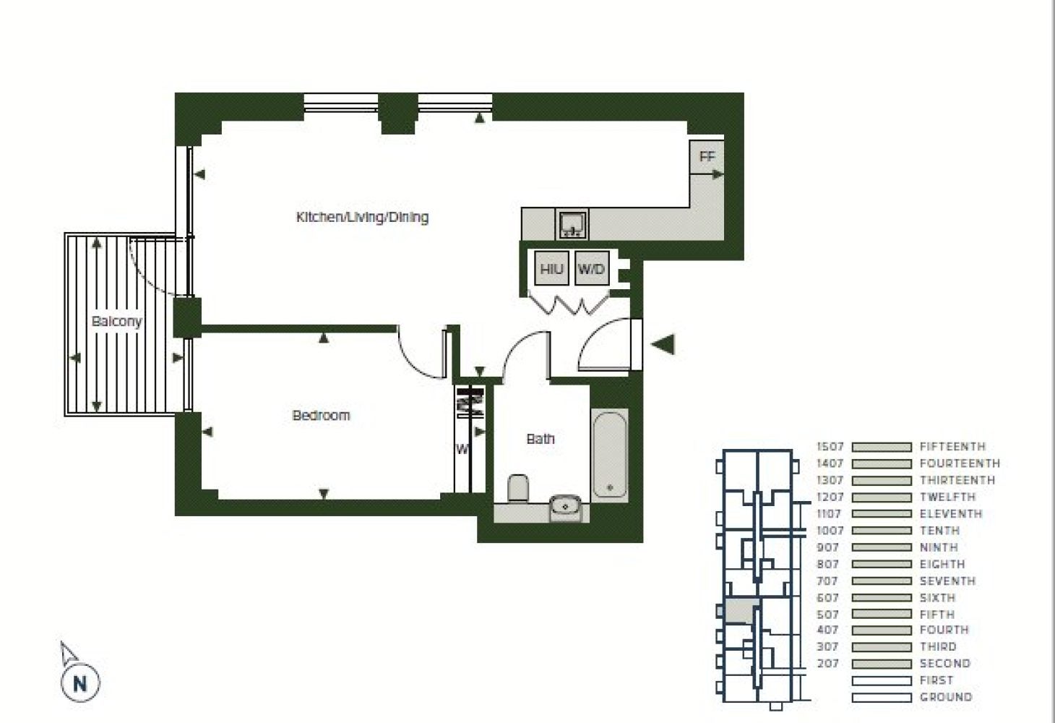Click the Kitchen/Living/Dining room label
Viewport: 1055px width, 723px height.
362,218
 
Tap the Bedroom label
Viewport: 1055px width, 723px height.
322,415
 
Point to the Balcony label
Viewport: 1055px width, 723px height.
117,322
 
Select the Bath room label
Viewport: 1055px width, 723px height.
541,439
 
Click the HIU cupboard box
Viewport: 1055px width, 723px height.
551,268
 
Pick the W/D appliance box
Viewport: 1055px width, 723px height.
592,268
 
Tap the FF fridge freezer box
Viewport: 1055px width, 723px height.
707,156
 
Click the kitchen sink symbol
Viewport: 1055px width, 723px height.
573,224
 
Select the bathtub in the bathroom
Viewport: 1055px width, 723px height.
610,455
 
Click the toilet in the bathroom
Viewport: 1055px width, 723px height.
518,488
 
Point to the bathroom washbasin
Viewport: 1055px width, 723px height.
565,507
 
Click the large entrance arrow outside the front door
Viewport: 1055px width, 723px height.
663,344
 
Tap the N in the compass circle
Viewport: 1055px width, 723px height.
80,683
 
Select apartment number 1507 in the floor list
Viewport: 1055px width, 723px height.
830,446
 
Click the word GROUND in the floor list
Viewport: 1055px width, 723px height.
946,697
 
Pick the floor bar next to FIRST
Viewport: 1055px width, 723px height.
882,680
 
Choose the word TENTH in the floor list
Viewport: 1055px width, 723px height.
939,530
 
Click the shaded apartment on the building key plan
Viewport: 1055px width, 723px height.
741,612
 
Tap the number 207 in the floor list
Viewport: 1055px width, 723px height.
828,664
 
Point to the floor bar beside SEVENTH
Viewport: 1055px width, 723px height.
882,581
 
